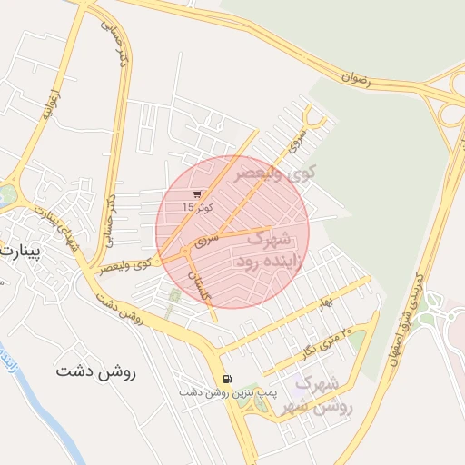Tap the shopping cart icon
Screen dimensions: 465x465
(198, 193)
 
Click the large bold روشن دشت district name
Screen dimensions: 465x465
(95, 371)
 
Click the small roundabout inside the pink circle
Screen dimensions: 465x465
(185, 250)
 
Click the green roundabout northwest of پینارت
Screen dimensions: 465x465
(7, 193)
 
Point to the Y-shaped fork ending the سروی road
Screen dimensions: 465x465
(314, 119)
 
